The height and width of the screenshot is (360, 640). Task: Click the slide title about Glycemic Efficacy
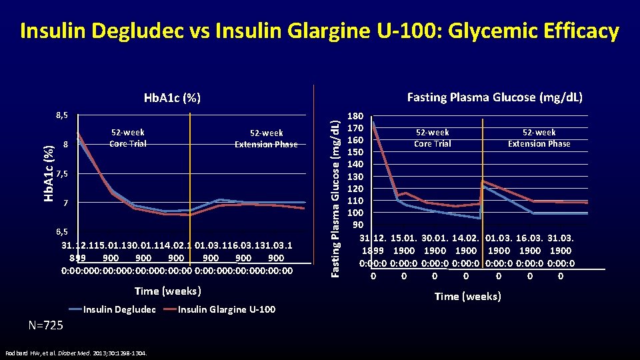320,31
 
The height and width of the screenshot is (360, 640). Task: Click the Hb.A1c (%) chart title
173,98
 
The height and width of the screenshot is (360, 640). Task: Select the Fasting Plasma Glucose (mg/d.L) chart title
495,97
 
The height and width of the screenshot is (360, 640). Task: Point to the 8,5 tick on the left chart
61,115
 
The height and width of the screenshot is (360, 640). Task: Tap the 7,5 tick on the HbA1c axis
61,174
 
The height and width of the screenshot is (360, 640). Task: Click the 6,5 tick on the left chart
61,231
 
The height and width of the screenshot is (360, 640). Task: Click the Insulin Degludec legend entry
119,309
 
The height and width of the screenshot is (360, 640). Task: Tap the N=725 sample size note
46,325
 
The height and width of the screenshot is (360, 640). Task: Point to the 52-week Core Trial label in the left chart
128,138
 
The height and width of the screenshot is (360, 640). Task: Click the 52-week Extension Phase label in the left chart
266,139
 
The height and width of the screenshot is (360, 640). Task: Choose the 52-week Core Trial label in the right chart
432,138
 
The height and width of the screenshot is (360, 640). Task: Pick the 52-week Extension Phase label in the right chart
539,138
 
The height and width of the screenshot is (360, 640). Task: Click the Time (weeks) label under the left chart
167,291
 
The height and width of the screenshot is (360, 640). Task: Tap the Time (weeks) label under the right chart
467,296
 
